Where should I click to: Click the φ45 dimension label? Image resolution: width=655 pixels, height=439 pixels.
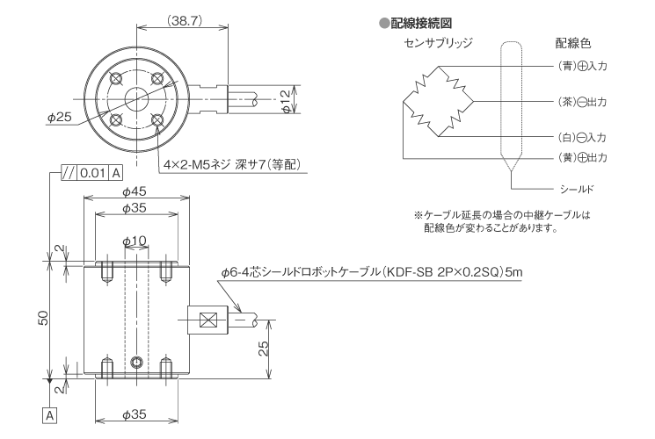click(133, 191)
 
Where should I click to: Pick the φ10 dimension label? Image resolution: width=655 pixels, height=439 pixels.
click(134, 240)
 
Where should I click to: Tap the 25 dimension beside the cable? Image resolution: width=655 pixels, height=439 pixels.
click(264, 348)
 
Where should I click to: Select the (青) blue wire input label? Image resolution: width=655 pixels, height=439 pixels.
click(583, 67)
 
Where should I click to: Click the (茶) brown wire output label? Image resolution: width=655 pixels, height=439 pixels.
click(583, 102)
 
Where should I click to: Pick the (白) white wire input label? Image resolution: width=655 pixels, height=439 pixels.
click(583, 138)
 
